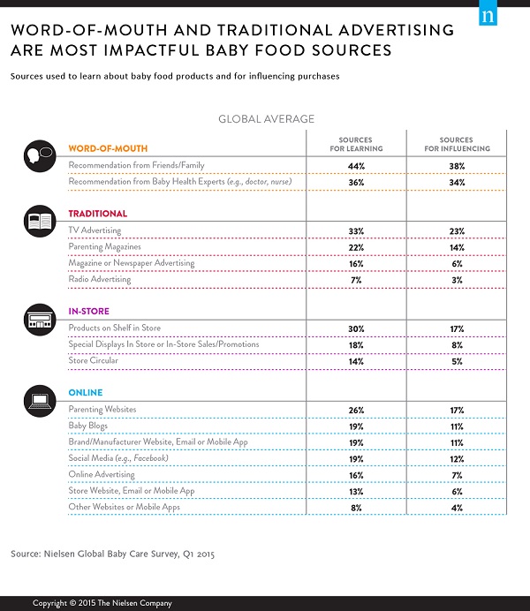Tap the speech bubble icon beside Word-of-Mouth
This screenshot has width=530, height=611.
point(39,156)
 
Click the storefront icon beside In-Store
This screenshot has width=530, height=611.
point(39,318)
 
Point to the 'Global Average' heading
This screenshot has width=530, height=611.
point(266,118)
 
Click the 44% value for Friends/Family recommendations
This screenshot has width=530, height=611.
point(356,166)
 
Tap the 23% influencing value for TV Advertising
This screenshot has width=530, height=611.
point(456,230)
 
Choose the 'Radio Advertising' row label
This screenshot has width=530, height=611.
point(100,279)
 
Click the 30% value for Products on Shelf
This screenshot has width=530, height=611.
point(356,328)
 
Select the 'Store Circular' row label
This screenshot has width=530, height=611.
point(94,361)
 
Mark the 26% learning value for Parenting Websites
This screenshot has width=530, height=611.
point(356,410)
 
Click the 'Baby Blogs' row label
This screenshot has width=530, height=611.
point(88,426)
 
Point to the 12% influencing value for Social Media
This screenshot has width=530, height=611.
point(456,459)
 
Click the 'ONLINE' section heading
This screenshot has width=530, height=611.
point(86,393)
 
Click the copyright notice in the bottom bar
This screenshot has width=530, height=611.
point(102,602)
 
